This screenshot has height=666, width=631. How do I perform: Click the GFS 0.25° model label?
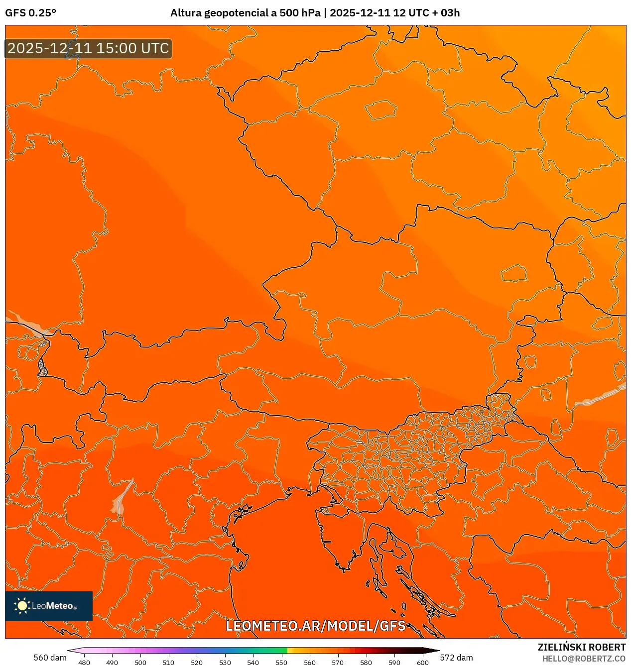(x=30, y=13)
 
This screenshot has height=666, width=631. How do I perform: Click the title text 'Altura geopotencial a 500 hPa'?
(x=245, y=13)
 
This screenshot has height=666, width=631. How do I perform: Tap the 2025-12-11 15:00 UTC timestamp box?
(x=88, y=48)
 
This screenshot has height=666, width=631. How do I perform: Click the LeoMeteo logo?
(x=49, y=606)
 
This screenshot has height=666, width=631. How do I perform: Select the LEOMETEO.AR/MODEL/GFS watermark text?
(x=316, y=626)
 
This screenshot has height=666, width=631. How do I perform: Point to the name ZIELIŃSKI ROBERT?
(x=581, y=647)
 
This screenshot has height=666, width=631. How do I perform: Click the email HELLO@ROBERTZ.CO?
(x=584, y=659)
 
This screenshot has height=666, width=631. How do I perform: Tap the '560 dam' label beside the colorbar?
(x=50, y=658)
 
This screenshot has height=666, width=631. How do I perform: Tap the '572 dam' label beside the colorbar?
(x=456, y=658)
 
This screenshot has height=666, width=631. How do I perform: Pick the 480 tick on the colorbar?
(x=84, y=663)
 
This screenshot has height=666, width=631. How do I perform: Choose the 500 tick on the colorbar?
(x=140, y=663)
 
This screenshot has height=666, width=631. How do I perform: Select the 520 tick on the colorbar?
(x=197, y=663)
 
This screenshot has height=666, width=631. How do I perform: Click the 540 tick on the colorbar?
(x=253, y=663)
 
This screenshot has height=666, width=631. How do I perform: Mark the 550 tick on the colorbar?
(x=281, y=663)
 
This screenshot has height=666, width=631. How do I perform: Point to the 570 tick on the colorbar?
(x=338, y=663)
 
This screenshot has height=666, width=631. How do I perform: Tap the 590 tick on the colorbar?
(x=394, y=663)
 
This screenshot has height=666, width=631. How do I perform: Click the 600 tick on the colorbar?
(x=422, y=663)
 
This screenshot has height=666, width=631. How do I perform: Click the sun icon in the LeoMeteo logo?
(x=22, y=606)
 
